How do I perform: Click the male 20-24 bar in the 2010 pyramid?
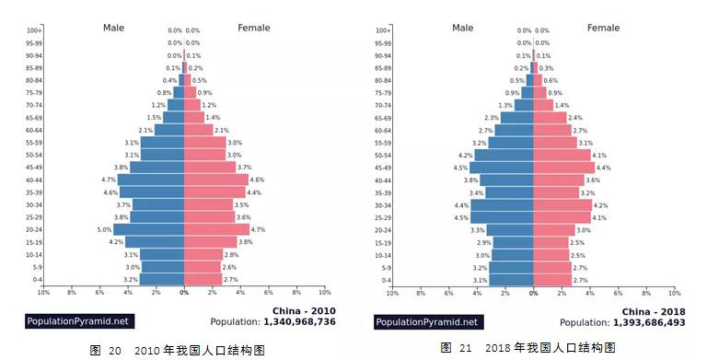pos(149,229)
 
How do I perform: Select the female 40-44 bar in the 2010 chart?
pos(216,180)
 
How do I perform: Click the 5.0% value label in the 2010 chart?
pos(105,229)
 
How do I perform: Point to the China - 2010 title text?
pos(304,310)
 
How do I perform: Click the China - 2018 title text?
pos(654,311)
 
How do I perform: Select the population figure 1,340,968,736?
pos(299,322)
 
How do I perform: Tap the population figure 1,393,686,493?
pos(648,323)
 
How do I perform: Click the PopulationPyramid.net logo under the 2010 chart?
pos(80,322)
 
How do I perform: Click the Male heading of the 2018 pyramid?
pos(463,29)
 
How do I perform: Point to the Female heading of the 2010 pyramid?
pos(254,29)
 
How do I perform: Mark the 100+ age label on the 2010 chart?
pos(34,30)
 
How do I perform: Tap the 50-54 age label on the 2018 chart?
pos(383,156)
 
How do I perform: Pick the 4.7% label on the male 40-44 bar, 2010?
pos(108,180)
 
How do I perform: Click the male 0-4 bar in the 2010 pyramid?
pos(162,279)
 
